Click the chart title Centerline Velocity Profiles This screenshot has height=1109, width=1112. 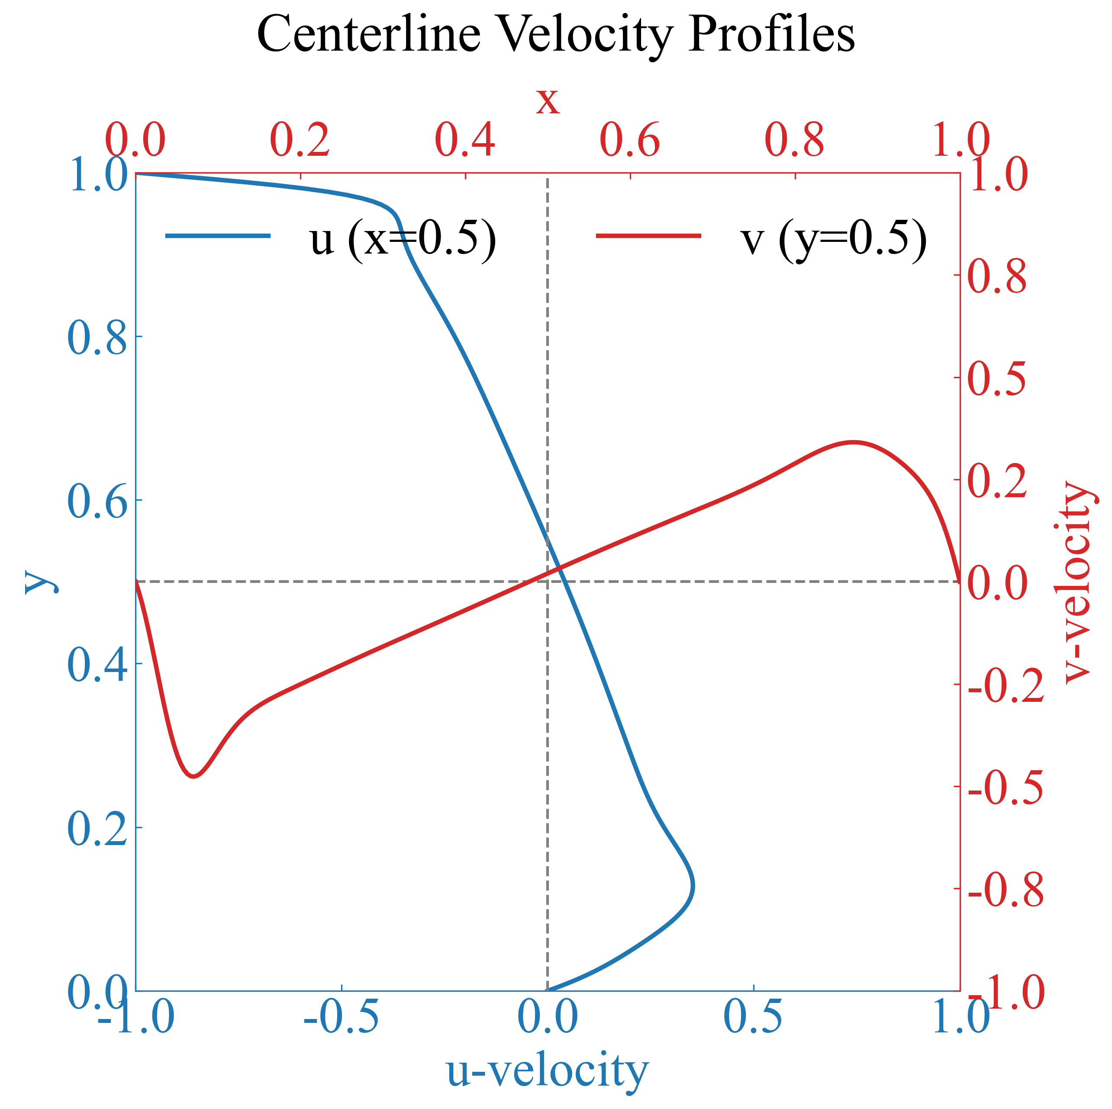[x=555, y=35]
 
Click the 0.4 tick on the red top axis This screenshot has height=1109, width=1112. [x=465, y=140]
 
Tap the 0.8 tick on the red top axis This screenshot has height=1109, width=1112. [x=795, y=140]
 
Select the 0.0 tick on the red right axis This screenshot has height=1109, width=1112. [x=997, y=582]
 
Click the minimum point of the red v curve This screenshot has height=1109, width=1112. [x=194, y=777]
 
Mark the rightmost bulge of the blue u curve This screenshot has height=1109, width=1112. [x=693, y=886]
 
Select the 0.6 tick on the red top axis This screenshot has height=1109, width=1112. [x=630, y=140]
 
